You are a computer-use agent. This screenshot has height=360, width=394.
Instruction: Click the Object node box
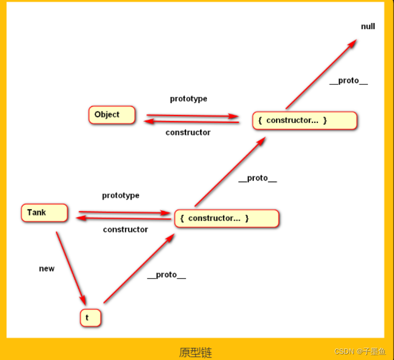(x=111, y=115)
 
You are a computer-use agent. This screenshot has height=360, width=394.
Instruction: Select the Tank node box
(x=44, y=213)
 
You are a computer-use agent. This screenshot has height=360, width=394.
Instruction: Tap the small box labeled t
(x=90, y=317)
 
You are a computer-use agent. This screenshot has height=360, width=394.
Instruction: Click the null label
(x=368, y=26)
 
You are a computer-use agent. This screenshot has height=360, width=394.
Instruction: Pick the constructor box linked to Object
(x=305, y=121)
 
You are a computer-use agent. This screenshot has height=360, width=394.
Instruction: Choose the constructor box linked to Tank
(x=227, y=218)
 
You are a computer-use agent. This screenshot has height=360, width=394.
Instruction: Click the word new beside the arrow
(x=47, y=269)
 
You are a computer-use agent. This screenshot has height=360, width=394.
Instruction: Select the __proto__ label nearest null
(x=348, y=81)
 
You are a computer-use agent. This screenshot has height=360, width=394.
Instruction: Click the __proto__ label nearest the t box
(x=166, y=275)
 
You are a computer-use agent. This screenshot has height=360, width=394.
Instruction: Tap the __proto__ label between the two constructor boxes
(x=257, y=178)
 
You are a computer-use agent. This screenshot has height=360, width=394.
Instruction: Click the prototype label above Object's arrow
(x=189, y=99)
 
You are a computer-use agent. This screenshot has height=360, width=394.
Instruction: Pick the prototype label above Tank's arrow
(x=121, y=195)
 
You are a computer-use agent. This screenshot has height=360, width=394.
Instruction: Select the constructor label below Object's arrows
(x=188, y=132)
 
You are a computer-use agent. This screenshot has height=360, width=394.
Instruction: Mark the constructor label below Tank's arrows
(x=125, y=230)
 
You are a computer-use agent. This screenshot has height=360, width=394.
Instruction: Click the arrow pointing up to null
(x=321, y=74)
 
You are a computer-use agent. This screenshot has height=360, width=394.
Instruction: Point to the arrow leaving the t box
(x=139, y=269)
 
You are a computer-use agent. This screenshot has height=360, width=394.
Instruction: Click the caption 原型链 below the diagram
(x=195, y=352)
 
